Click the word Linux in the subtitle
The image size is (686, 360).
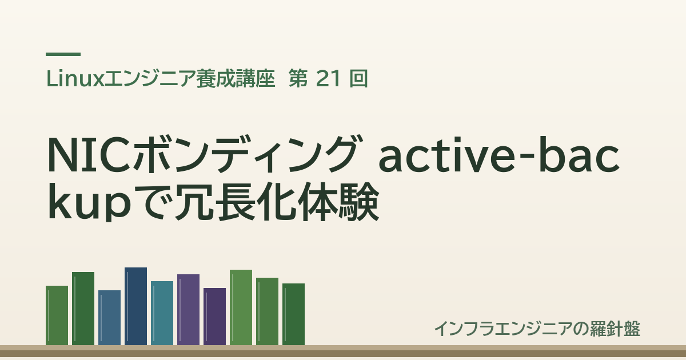(75, 79)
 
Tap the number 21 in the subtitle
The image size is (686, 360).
(328, 79)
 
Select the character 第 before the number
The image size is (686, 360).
(298, 79)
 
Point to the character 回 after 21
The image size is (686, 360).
(358, 79)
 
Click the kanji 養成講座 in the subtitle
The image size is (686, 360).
(236, 79)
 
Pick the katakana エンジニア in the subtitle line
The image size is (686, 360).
(150, 79)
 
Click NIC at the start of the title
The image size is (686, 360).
(89, 155)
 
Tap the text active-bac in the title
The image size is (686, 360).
(499, 155)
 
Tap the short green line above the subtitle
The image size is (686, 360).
(63, 54)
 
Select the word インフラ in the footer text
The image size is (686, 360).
(468, 329)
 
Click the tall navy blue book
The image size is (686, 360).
(135, 306)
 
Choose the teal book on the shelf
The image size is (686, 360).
(162, 313)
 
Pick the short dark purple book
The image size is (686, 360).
(215, 317)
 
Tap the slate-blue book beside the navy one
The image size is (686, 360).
(109, 318)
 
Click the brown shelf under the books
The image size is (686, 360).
(343, 351)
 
